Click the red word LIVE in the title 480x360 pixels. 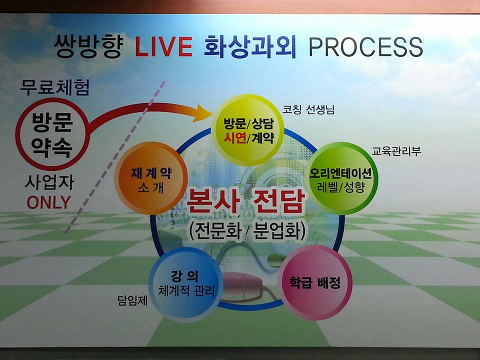pyautogui.click(x=163, y=46)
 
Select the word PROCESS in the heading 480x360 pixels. pyautogui.click(x=365, y=47)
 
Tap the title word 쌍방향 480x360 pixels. pyautogui.click(x=88, y=46)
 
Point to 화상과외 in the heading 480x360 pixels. pyautogui.click(x=250, y=46)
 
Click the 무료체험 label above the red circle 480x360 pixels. pyautogui.click(x=55, y=87)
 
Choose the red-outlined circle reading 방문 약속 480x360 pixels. pyautogui.click(x=52, y=134)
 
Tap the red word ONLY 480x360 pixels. pyautogui.click(x=48, y=202)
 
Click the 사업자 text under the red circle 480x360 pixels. pyautogui.click(x=49, y=182)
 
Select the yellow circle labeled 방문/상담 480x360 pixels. pyautogui.click(x=248, y=130)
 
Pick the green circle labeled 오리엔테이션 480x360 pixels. pyautogui.click(x=341, y=178)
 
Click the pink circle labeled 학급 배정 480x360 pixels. pyautogui.click(x=315, y=282)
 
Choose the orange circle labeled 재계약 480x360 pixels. pyautogui.click(x=151, y=178)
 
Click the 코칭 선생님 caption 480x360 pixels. pyautogui.click(x=308, y=109)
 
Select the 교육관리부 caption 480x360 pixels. pyautogui.click(x=396, y=150)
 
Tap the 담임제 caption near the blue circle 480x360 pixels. pyautogui.click(x=132, y=300)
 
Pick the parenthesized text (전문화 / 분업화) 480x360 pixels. pyautogui.click(x=247, y=231)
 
